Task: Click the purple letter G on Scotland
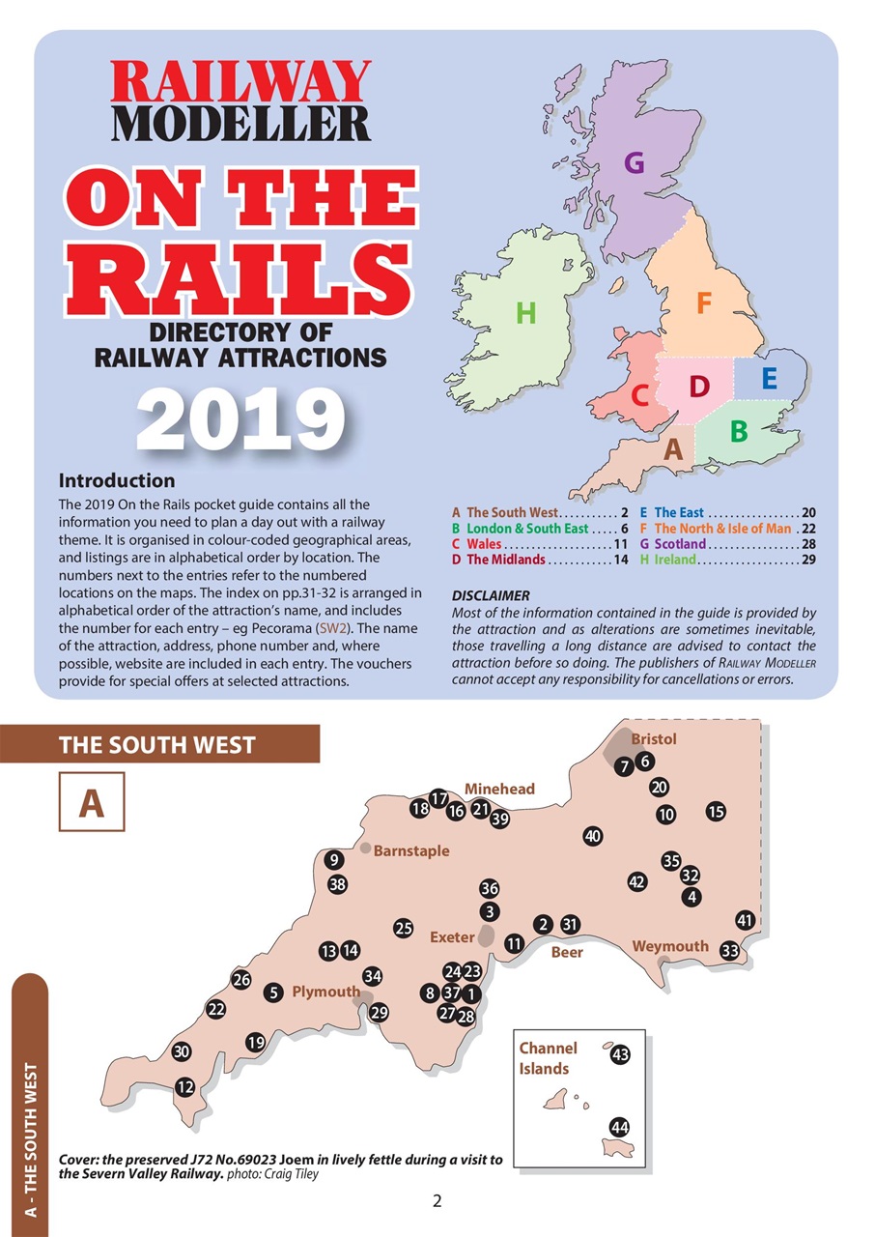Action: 634,163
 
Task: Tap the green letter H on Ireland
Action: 525,313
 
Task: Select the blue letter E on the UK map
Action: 769,378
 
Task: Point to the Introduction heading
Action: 117,480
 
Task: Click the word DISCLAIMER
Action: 491,595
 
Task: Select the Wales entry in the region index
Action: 483,544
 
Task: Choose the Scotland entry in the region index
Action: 680,544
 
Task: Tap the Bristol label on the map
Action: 654,739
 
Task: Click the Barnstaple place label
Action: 411,851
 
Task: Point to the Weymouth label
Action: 670,946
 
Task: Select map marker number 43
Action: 620,1055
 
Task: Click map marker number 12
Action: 183,1087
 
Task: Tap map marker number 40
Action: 593,836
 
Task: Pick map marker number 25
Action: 404,929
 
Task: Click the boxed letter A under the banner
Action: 91,803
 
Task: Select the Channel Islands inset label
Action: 548,1058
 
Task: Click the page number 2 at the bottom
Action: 437,1202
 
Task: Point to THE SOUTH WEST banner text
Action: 156,745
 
